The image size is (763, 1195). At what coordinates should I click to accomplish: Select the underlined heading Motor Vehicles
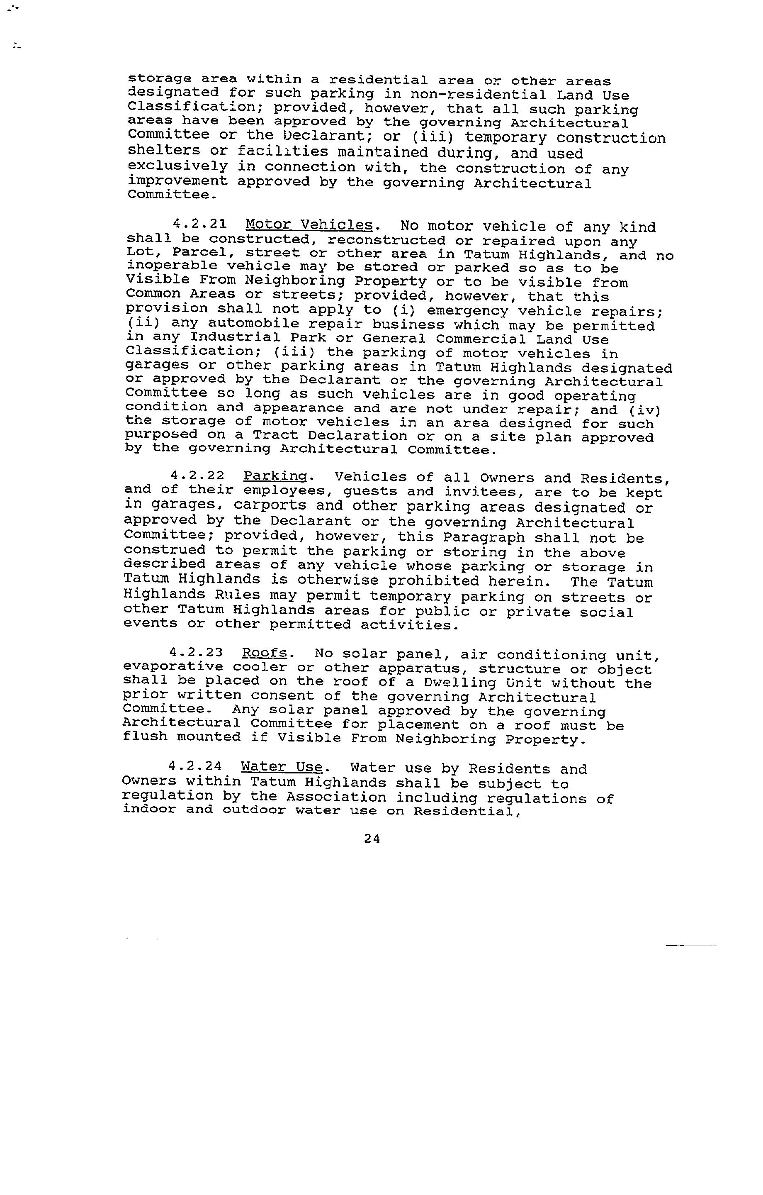tap(309, 225)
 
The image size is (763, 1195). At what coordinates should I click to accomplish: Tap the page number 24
tap(372, 838)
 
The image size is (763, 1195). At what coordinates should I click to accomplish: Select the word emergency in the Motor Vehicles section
tap(467, 311)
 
